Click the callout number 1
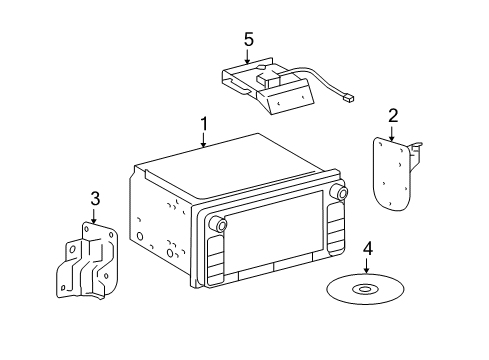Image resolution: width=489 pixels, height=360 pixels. [204, 124]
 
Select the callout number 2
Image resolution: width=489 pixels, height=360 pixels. [393, 116]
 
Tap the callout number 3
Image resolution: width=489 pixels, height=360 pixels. [95, 199]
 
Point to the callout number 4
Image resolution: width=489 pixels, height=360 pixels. [368, 249]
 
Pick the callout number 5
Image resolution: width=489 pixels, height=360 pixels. [249, 40]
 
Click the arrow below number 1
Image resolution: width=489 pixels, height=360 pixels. [204, 140]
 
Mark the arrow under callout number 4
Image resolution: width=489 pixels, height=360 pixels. [366, 266]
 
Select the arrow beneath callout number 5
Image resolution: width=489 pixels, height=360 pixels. [247, 56]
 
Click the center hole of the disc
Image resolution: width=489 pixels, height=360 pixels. [365, 289]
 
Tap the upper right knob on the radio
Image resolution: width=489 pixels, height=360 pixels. [341, 192]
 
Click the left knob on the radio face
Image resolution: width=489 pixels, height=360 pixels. [220, 225]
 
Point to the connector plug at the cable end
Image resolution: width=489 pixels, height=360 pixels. [349, 98]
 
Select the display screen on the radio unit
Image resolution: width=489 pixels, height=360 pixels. [274, 235]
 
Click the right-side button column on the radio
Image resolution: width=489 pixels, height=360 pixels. [336, 228]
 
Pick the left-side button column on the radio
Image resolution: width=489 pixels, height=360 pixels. [215, 260]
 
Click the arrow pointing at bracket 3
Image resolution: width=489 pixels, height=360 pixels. [94, 216]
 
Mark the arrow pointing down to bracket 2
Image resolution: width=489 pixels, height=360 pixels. [392, 133]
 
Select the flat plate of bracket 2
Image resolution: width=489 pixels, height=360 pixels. [392, 174]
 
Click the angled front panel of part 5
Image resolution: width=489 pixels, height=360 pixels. [291, 99]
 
